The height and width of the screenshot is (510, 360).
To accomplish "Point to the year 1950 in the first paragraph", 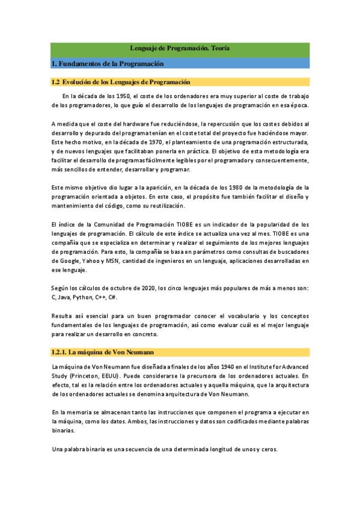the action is [x=123, y=96].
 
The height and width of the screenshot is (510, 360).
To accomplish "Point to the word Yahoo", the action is [x=90, y=261].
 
